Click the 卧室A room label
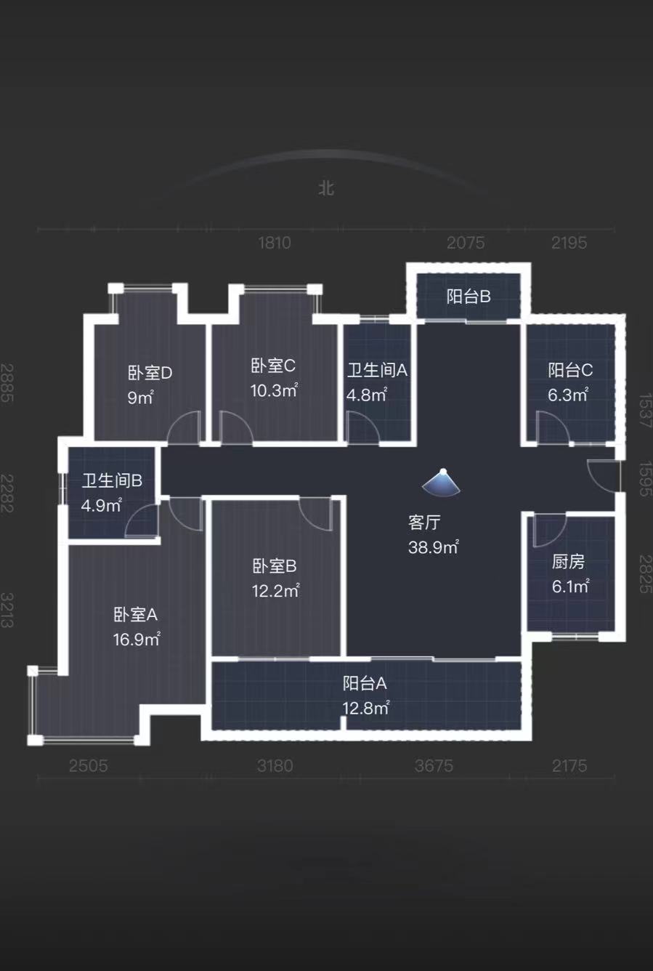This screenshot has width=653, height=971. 135,615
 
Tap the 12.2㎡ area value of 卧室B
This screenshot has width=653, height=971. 275,591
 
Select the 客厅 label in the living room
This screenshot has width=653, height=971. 424,523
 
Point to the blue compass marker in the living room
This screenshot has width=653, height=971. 442,482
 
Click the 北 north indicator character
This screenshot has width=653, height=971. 326,188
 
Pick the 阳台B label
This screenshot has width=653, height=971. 468,297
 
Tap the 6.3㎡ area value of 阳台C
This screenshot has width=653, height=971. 567,395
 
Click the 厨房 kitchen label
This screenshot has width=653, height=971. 568,562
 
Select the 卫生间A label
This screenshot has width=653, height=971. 377,370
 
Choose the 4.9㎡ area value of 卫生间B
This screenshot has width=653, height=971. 101,505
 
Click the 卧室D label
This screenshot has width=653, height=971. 150,373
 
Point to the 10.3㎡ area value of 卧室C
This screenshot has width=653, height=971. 274,390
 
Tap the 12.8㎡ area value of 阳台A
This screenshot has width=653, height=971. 365,708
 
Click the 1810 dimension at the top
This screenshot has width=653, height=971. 275,243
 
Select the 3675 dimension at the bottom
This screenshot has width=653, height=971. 434,765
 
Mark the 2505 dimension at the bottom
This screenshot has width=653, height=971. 89,765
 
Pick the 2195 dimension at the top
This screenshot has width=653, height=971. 569,243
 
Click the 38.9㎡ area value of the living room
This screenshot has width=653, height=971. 433,547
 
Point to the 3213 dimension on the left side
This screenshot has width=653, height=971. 8,611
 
